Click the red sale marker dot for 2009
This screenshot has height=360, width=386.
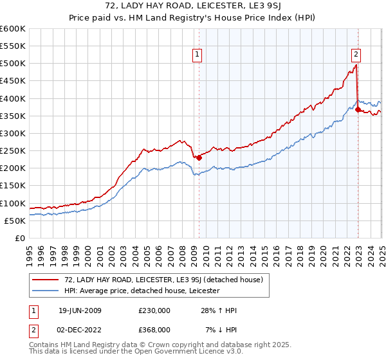[199, 157]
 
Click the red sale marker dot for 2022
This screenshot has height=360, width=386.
[358, 110]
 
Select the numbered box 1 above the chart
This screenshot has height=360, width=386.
[197, 55]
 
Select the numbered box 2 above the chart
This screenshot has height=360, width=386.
[356, 55]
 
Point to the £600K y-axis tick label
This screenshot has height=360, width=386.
[13, 29]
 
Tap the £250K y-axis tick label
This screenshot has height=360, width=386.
[13, 150]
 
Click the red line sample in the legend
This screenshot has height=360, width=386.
[46, 280]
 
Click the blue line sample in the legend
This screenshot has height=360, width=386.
[46, 291]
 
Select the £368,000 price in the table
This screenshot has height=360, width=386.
[154, 330]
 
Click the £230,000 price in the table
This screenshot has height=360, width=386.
[154, 311]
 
